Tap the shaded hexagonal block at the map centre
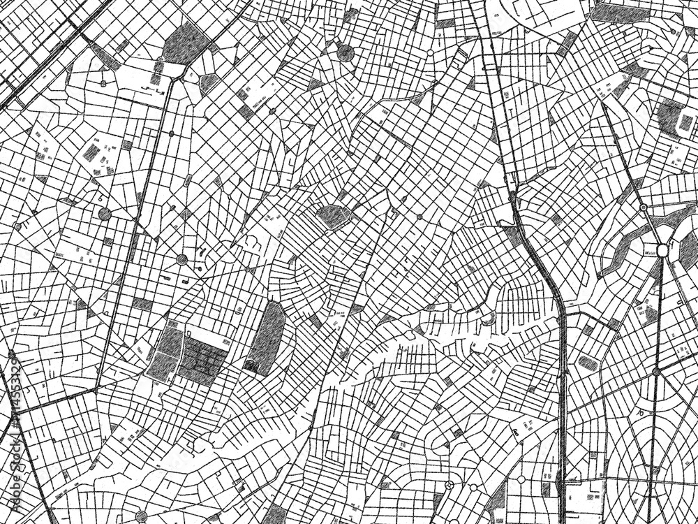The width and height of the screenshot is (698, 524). click(x=333, y=216)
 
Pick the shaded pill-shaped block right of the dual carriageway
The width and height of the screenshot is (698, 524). click(x=588, y=363)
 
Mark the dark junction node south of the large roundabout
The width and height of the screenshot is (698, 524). click(x=656, y=372)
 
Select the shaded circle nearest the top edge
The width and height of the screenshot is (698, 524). click(x=345, y=51)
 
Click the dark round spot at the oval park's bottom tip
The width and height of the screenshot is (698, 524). click(x=249, y=366)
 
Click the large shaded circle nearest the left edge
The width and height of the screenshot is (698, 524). click(x=105, y=213)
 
